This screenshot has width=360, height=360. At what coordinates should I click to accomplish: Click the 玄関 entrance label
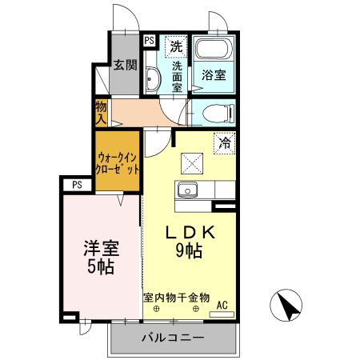pos(124,66)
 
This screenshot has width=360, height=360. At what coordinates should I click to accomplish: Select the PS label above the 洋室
pos(77,184)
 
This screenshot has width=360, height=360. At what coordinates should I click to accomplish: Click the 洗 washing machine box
pos(176,46)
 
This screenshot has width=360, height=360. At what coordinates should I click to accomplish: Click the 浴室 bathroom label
pos(213,76)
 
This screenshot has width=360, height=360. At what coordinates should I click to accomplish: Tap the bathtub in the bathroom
pos(214,48)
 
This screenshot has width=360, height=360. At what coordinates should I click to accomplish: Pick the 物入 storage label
pos(101,112)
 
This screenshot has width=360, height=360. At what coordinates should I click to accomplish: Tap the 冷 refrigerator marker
pos(225,143)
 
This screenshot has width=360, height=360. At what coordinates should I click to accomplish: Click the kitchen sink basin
pos(189,190)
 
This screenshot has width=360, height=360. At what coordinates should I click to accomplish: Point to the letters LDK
pos(190,232)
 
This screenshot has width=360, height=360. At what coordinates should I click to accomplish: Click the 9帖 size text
pos(190,250)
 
